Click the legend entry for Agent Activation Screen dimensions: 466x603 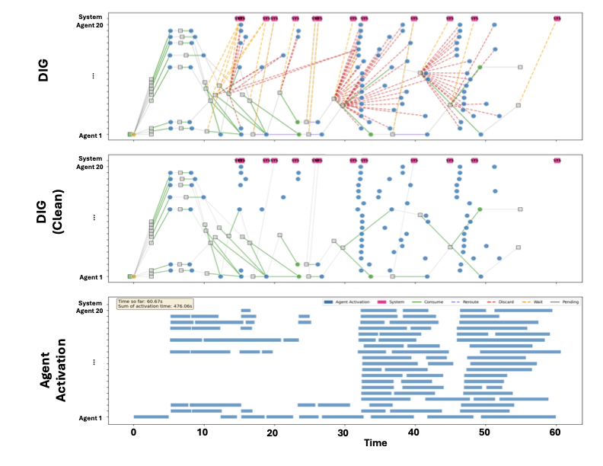point(349,302)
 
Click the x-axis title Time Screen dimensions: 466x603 point(375,443)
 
